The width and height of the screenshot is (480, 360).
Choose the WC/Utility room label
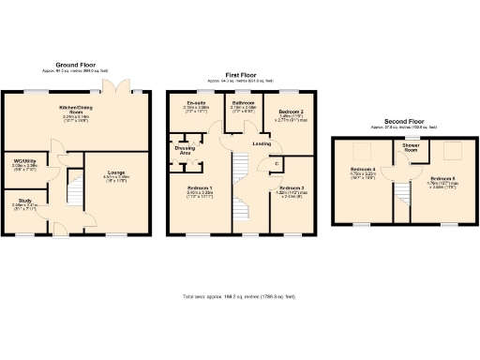(x=23, y=160)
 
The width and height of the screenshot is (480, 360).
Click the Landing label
(x=262, y=143)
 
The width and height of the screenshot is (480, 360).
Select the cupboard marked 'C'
(x=277, y=165)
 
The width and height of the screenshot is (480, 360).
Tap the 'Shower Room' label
(x=410, y=147)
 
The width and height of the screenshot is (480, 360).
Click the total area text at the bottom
(x=238, y=297)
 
